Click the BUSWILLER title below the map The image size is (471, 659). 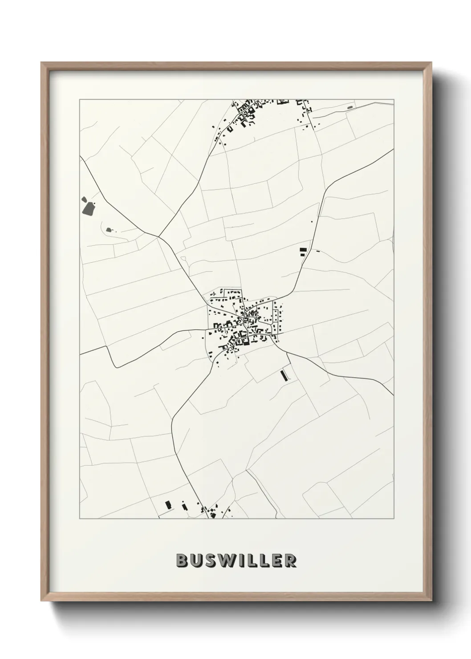pos(236,561)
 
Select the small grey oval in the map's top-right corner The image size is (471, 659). pos(349,107)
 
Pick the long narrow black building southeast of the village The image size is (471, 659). pos(283,375)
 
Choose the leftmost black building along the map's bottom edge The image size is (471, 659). pos(168,505)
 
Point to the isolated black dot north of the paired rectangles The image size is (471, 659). pos(312,221)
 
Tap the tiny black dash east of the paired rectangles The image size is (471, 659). pos(317,252)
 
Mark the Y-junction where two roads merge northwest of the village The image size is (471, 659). pos(158,236)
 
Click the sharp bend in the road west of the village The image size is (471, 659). pos(117,367)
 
